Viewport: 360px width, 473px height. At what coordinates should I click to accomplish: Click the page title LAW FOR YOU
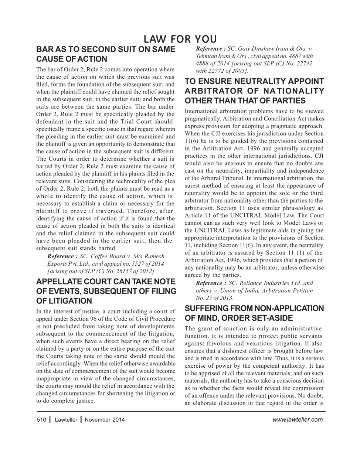pyautogui.click(x=180, y=39)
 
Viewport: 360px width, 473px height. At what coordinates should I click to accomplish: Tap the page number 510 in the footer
pyautogui.click(x=41, y=419)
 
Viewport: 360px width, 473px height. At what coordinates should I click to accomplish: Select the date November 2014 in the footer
pyautogui.click(x=105, y=419)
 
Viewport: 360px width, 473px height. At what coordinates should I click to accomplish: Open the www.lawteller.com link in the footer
pyautogui.click(x=297, y=419)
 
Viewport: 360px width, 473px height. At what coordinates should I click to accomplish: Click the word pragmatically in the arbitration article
pyautogui.click(x=203, y=119)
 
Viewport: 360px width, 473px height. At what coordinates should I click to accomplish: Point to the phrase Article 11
pyautogui.click(x=198, y=215)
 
